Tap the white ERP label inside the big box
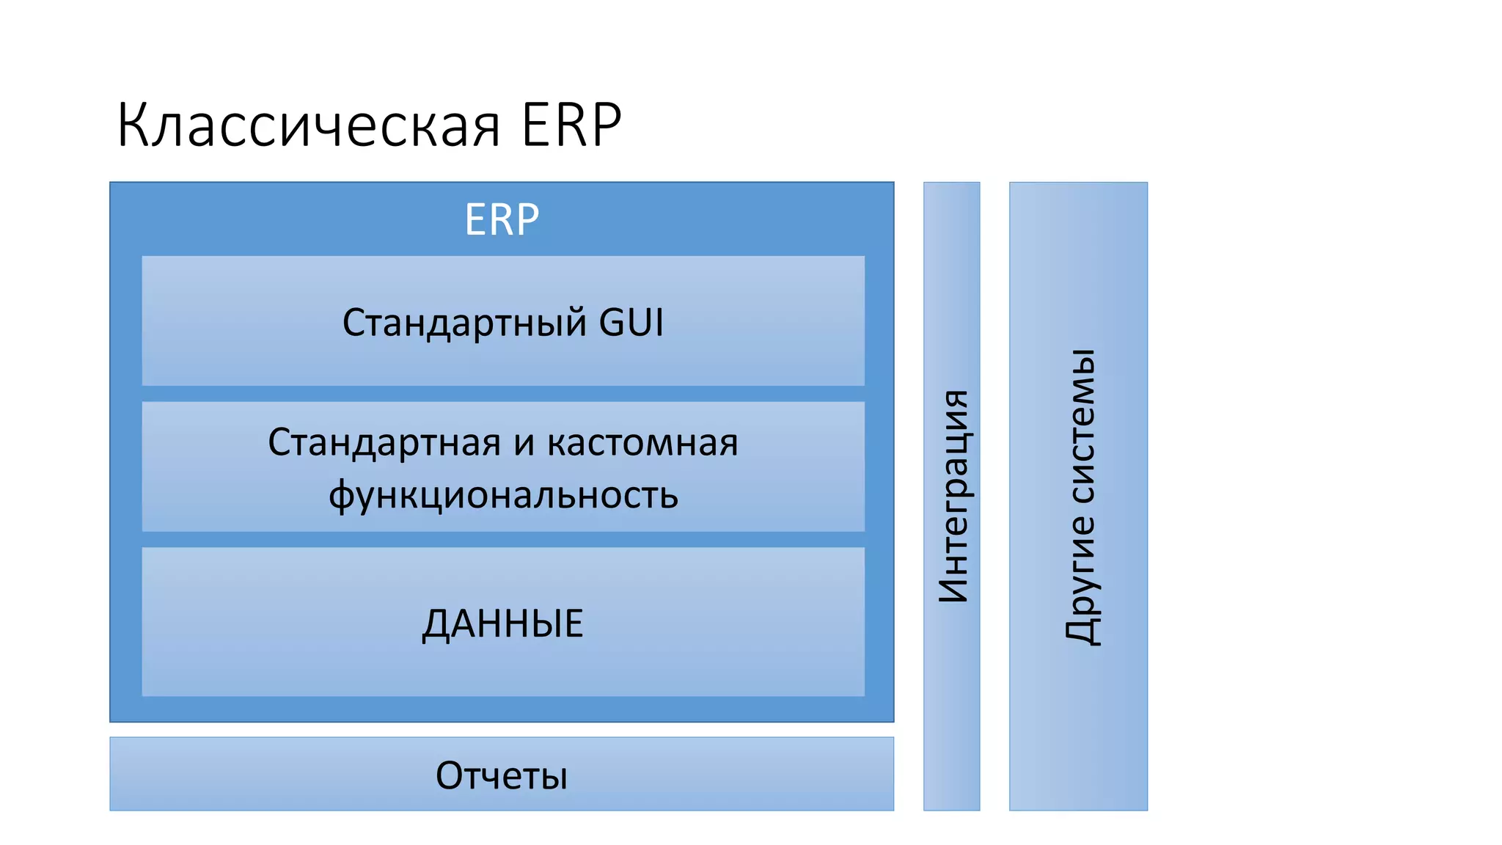pyautogui.click(x=502, y=219)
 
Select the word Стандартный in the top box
pyautogui.click(x=464, y=323)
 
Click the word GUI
pyautogui.click(x=631, y=323)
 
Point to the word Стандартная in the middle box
pyautogui.click(x=384, y=443)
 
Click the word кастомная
pyautogui.click(x=642, y=443)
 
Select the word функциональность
pyautogui.click(x=503, y=495)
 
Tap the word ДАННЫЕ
pyautogui.click(x=502, y=623)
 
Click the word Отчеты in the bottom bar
pyautogui.click(x=502, y=775)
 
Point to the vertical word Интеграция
pyautogui.click(x=953, y=496)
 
